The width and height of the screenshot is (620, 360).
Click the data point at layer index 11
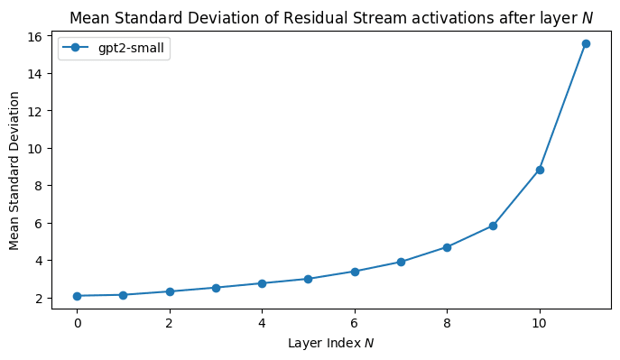[586, 43]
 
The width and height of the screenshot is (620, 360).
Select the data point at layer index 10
[540, 170]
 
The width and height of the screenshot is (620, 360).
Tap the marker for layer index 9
[493, 226]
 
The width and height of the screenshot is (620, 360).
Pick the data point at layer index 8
[447, 247]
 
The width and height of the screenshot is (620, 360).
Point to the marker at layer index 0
[78, 296]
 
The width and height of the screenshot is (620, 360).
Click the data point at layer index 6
[355, 272]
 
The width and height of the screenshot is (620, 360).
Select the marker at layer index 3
[216, 288]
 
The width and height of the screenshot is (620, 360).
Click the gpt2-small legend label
[131, 49]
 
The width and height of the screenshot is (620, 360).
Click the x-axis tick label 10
[540, 322]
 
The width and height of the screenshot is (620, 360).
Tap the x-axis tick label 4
[262, 322]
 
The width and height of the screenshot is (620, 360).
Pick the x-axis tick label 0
[78, 322]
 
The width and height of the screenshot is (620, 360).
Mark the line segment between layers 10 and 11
[562, 106]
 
